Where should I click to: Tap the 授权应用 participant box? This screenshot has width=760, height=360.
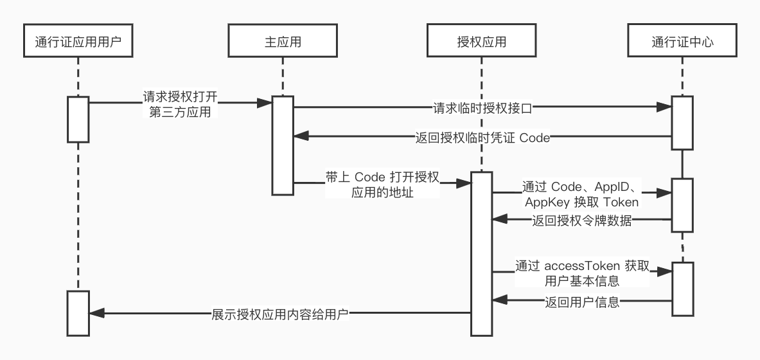(x=481, y=42)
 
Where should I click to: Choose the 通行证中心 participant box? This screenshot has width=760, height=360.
(x=682, y=42)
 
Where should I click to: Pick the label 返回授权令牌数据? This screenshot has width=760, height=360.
(x=582, y=222)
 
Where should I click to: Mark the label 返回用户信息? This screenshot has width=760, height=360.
(x=582, y=301)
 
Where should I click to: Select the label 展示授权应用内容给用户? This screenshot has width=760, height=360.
(x=280, y=314)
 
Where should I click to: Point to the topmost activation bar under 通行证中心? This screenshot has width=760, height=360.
(x=682, y=123)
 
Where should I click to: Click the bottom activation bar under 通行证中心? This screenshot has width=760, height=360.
(x=682, y=289)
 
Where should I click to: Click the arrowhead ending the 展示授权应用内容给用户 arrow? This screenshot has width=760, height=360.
(x=95, y=313)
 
